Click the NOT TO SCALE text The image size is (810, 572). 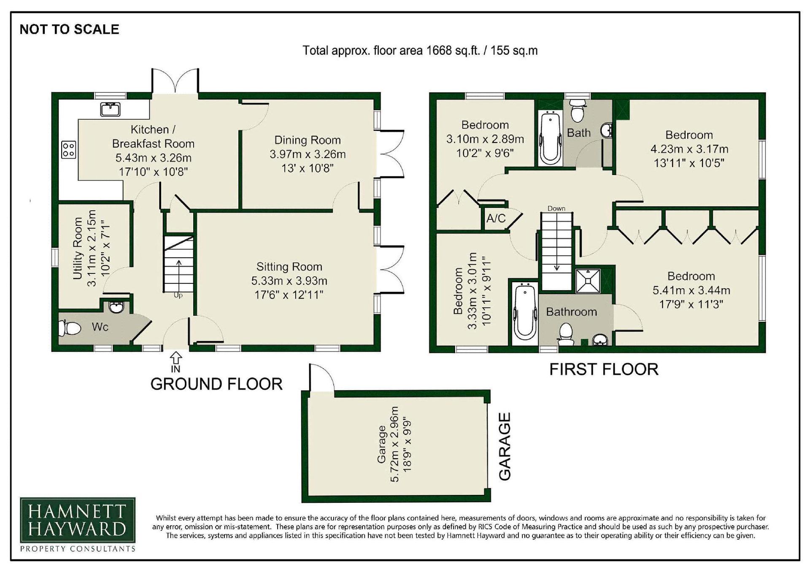point(70,29)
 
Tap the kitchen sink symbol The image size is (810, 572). point(111,109)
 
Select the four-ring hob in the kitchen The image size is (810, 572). point(69,149)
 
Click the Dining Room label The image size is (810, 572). point(308,140)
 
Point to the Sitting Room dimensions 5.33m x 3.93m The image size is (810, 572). point(289,281)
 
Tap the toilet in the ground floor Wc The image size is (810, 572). point(70,328)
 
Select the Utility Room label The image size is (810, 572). point(78,248)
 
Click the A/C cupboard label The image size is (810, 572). point(496,218)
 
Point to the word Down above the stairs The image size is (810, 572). point(556,208)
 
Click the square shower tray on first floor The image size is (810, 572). point(588,280)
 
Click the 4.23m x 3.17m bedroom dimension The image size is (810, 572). point(689,149)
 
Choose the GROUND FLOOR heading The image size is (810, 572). point(216,384)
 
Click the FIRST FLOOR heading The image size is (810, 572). point(604,369)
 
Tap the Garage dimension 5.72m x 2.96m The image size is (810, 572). point(394,444)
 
